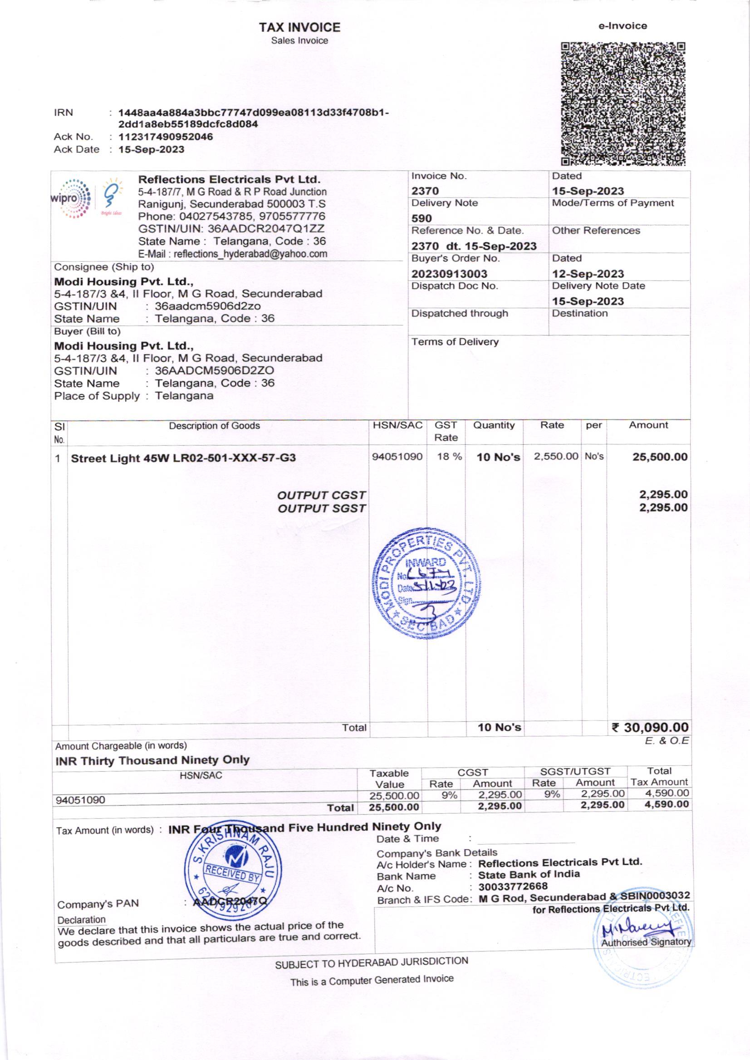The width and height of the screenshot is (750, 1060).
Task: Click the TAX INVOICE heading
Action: coord(299,28)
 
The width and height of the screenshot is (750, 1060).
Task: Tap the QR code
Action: coord(623,104)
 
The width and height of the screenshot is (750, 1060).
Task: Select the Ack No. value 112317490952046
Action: coord(166,136)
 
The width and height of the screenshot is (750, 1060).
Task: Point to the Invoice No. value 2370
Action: coord(425,191)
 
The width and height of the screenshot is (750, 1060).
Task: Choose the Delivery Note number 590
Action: coord(422,219)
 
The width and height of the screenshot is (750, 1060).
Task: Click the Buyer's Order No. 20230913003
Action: coord(449,274)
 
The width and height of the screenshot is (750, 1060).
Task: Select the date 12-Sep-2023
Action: coord(588,274)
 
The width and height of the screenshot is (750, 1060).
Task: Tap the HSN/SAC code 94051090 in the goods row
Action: coord(397,457)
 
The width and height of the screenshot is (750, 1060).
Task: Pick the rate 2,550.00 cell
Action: coord(556,457)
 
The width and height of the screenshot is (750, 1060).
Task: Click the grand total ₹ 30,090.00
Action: coord(650,728)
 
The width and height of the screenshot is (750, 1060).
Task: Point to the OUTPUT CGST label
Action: coord(321,495)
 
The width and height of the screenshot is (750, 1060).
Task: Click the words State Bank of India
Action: coord(529,875)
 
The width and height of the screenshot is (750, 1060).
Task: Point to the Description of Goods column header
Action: coord(215,426)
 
